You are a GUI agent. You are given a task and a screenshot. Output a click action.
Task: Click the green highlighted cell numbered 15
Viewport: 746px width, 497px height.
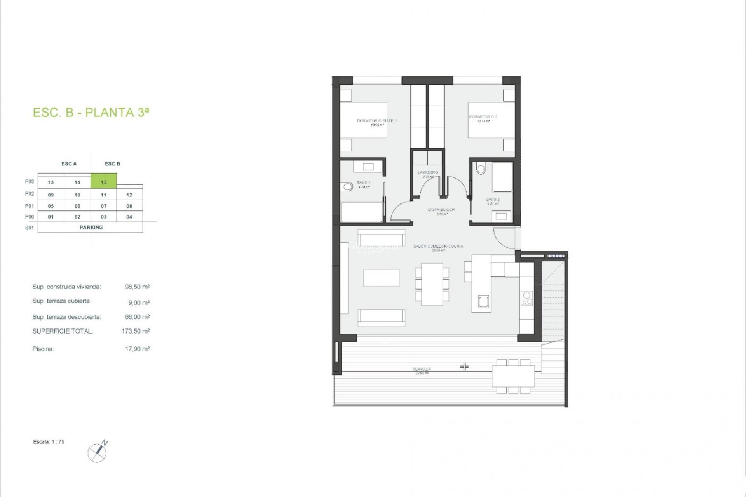(x=104, y=182)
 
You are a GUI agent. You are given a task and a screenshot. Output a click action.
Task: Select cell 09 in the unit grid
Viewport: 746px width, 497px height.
(x=51, y=195)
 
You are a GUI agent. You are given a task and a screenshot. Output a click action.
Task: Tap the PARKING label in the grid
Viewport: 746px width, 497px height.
(x=91, y=228)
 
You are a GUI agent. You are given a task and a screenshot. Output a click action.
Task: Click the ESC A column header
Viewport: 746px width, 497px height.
(x=69, y=164)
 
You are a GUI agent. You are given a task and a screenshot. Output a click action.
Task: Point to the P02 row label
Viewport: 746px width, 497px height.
(x=30, y=194)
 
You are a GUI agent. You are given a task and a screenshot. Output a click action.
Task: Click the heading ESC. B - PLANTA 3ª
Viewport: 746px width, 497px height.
(x=91, y=112)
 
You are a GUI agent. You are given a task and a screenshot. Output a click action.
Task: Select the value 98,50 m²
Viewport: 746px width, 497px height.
(x=137, y=287)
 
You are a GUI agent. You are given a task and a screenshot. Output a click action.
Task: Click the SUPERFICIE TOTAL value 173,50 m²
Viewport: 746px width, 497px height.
(x=136, y=331)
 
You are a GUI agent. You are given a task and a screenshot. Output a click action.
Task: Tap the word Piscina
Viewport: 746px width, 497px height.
(x=43, y=349)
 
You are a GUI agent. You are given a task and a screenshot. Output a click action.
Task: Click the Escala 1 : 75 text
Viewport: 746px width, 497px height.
(x=49, y=442)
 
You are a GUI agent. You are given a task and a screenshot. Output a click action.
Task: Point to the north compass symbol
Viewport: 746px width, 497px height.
(x=98, y=452)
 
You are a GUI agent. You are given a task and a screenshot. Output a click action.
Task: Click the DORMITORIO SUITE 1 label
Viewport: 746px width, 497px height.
(x=376, y=121)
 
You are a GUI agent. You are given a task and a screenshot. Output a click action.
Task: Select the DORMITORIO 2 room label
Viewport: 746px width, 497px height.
(x=483, y=117)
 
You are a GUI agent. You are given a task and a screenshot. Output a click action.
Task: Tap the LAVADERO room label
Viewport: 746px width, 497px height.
(x=428, y=172)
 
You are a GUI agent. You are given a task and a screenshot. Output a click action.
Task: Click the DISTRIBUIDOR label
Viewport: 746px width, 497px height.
(x=441, y=210)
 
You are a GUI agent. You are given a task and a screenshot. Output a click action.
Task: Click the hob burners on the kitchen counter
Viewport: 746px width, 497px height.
(x=527, y=298)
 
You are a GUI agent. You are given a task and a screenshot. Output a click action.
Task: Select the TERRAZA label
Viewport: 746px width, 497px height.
(x=422, y=369)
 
